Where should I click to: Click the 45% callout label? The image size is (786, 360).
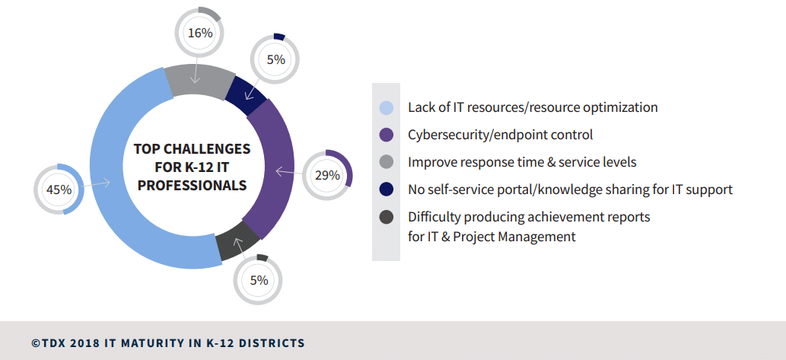click(x=59, y=190)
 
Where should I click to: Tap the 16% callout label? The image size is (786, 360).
click(x=199, y=33)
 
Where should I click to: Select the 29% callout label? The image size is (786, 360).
click(x=327, y=175)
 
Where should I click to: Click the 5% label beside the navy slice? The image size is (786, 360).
click(x=275, y=59)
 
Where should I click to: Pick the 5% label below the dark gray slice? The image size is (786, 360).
click(x=259, y=280)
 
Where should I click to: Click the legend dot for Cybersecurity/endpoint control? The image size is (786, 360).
click(x=387, y=135)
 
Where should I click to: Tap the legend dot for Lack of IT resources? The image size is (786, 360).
click(x=387, y=107)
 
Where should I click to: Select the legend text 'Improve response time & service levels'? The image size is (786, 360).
click(x=522, y=162)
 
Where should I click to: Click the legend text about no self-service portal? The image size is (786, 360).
click(x=570, y=190)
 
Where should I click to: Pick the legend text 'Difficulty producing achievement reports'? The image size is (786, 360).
click(x=529, y=217)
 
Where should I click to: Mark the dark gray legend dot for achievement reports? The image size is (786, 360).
click(x=387, y=217)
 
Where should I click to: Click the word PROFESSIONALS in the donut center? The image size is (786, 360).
click(x=191, y=185)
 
